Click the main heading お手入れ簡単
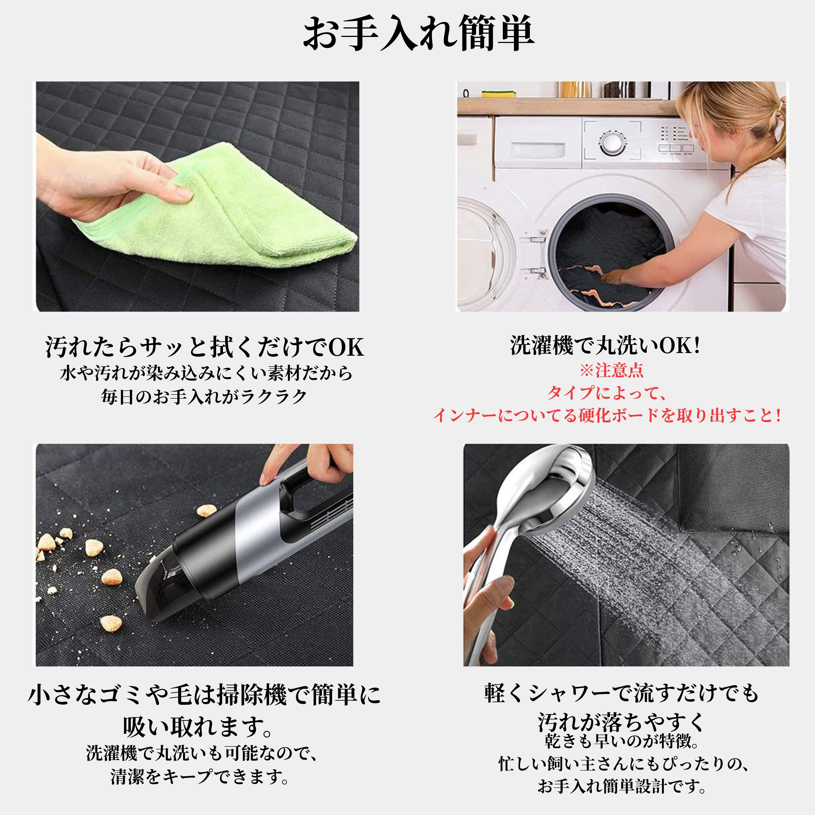tap(419, 34)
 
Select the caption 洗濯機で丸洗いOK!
tap(605, 346)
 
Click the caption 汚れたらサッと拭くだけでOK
tap(205, 347)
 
